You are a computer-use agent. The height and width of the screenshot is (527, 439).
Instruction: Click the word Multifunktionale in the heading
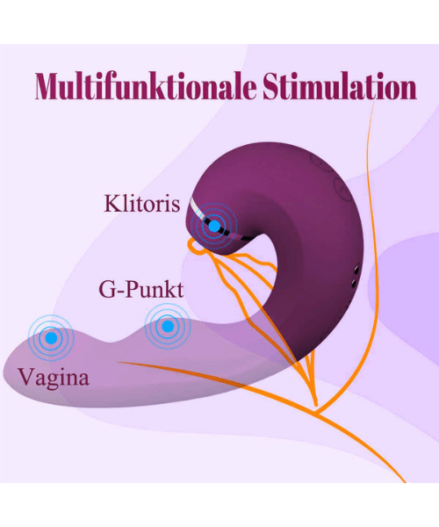[x=146, y=86]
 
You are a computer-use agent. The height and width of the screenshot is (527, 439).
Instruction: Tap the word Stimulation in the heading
[x=340, y=86]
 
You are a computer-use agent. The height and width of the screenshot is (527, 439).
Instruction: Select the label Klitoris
[x=141, y=204]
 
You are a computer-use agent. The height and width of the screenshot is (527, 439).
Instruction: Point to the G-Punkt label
[x=141, y=289]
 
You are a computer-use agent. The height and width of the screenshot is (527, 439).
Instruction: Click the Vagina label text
[x=54, y=378]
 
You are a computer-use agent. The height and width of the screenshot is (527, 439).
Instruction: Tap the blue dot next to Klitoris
[x=214, y=227]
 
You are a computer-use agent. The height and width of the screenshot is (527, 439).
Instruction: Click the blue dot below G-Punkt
[x=168, y=326]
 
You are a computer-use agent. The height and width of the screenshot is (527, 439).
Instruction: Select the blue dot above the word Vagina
[x=51, y=338]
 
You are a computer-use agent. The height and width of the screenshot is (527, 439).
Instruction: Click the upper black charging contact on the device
[x=356, y=270]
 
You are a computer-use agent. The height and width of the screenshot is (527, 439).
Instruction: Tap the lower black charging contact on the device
[x=354, y=284]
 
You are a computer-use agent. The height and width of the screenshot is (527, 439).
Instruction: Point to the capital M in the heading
[x=50, y=86]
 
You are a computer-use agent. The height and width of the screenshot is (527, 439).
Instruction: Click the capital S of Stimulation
[x=271, y=86]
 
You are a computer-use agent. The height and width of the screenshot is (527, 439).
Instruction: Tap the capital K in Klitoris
[x=112, y=204]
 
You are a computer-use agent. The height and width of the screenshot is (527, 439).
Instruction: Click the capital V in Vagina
[x=25, y=377]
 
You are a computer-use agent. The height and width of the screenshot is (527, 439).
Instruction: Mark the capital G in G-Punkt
[x=107, y=289]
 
